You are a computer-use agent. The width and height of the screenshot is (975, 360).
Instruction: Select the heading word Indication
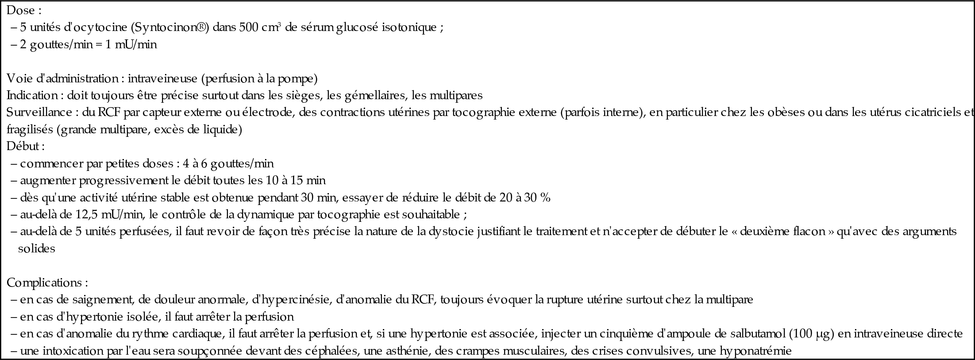click(x=31, y=96)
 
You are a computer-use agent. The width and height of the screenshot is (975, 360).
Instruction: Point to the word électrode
click(x=267, y=112)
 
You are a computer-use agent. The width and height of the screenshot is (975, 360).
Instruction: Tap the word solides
click(x=37, y=248)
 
